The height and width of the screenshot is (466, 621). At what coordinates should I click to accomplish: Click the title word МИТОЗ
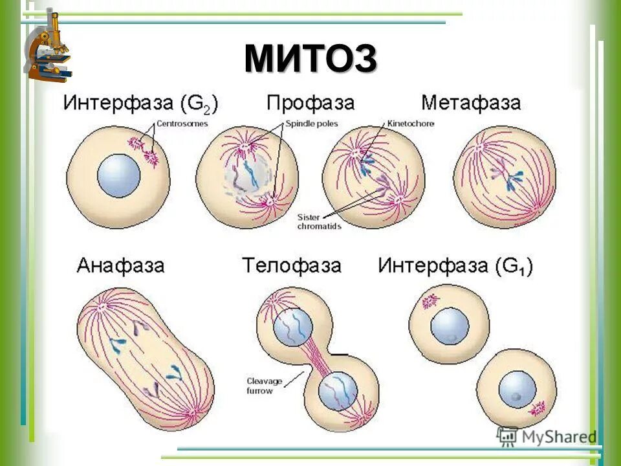click(x=310, y=60)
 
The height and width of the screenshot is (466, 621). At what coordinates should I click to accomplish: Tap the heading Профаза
click(x=310, y=103)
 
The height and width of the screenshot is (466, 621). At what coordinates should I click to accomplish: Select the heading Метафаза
click(x=471, y=103)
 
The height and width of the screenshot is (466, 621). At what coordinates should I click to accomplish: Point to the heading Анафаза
click(x=120, y=265)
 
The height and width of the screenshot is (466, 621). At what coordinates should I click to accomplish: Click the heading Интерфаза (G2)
click(x=140, y=104)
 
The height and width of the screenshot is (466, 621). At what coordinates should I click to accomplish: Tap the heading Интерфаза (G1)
click(x=455, y=266)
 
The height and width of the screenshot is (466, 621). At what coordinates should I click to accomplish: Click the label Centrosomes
click(x=182, y=124)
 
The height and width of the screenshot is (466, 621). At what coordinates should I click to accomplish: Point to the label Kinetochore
click(x=411, y=124)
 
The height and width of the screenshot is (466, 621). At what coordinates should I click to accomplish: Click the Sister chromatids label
click(x=319, y=221)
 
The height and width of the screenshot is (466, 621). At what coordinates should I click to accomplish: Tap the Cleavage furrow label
click(x=264, y=386)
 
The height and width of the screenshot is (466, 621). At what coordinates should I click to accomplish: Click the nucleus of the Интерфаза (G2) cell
click(x=118, y=175)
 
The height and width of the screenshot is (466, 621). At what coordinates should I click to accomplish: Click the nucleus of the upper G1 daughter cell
click(x=450, y=325)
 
